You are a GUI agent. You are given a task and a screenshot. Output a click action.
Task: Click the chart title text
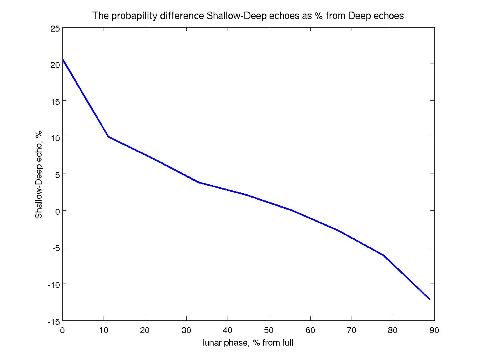pyautogui.click(x=248, y=16)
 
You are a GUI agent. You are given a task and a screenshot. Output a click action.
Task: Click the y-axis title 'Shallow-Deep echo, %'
pyautogui.click(x=39, y=175)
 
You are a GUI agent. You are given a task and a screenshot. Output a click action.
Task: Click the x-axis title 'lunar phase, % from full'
pyautogui.click(x=248, y=343)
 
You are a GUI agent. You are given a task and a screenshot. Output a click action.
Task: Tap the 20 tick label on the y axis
pyautogui.click(x=55, y=64)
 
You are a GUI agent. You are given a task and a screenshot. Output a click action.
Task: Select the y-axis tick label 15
pyautogui.click(x=55, y=101)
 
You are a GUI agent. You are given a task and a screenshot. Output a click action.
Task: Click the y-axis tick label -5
pyautogui.click(x=55, y=247)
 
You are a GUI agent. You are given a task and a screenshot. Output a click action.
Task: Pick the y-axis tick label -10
pyautogui.click(x=54, y=284)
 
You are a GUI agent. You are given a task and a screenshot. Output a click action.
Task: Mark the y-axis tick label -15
pyautogui.click(x=54, y=321)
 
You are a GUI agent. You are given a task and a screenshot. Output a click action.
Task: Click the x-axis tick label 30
pyautogui.click(x=186, y=330)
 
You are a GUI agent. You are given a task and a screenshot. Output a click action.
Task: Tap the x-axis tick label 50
pyautogui.click(x=269, y=330)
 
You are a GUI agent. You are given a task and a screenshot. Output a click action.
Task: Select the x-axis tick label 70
pyautogui.click(x=352, y=330)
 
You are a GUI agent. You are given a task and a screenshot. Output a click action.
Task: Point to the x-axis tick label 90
pyautogui.click(x=434, y=330)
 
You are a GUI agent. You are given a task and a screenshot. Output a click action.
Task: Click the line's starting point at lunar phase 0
pyautogui.click(x=63, y=59)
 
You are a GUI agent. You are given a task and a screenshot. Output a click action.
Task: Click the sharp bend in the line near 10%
pyautogui.click(x=108, y=137)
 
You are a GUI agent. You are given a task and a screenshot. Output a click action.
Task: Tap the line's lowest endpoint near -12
pyautogui.click(x=430, y=299)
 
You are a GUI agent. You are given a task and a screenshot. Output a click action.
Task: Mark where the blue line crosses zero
pyautogui.click(x=292, y=210)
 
